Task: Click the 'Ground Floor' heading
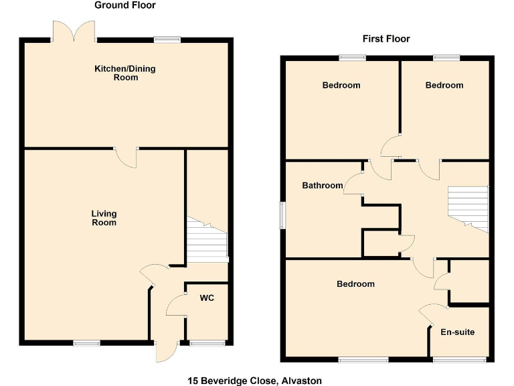[125, 5]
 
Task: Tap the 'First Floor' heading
[386, 39]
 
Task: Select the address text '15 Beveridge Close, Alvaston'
[254, 381]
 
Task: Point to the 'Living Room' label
[104, 218]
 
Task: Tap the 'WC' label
[207, 298]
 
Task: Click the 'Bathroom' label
[322, 186]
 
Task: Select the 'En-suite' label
[458, 332]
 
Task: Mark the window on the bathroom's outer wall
[282, 216]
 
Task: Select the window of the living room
[86, 343]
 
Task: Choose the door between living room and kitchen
[126, 156]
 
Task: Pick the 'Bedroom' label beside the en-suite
[355, 284]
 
